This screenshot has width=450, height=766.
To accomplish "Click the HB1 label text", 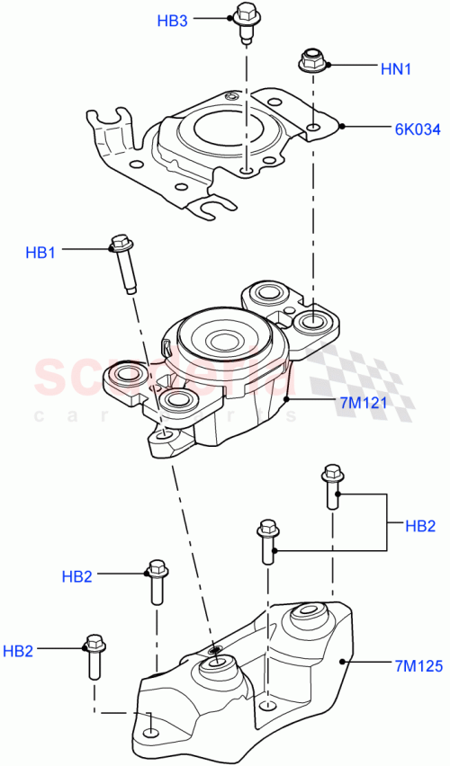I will [x=40, y=254].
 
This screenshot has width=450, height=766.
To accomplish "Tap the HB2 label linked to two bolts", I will [x=420, y=525].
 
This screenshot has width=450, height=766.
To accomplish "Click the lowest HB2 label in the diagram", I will [x=19, y=650].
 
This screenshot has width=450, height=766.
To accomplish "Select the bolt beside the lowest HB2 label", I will [x=94, y=658].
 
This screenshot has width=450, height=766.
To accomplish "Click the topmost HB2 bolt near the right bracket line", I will [x=331, y=485].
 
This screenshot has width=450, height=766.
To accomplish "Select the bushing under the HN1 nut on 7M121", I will [x=312, y=321].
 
